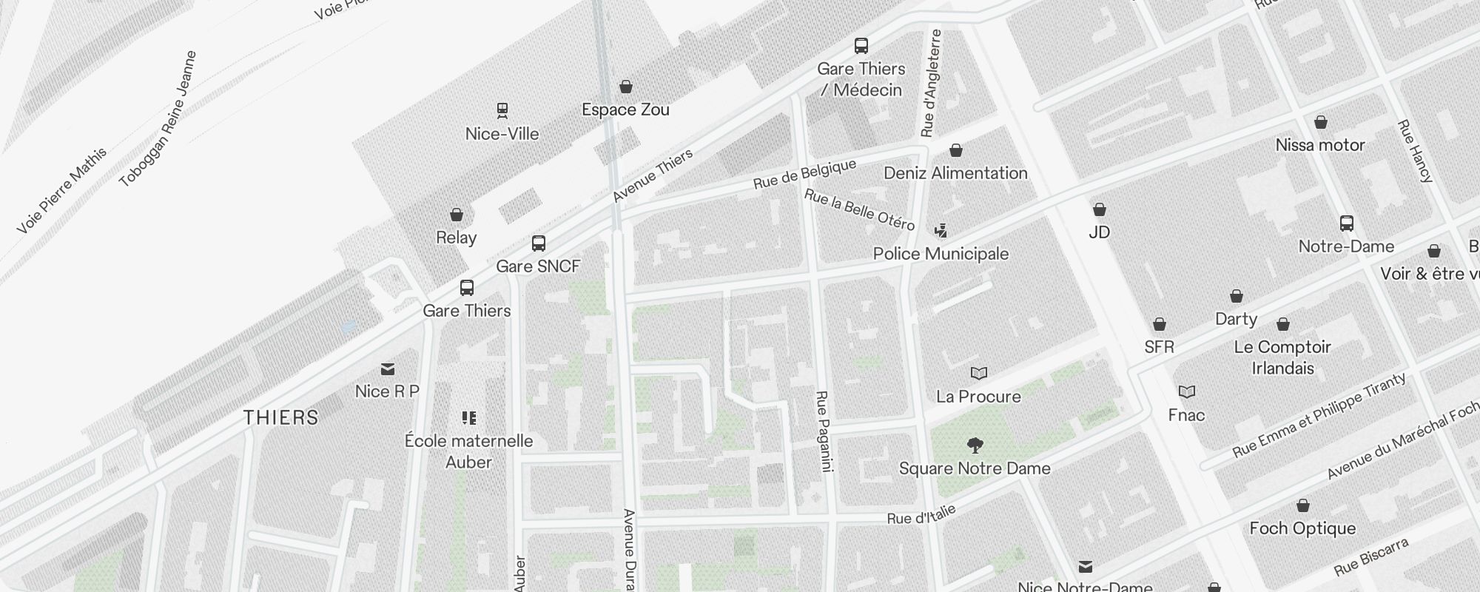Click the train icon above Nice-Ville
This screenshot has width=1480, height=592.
pos(502,111)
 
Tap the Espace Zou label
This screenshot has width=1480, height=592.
pos(625,110)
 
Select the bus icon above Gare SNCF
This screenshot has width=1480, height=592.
pos(539,243)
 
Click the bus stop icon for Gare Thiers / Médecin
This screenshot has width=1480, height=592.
pos(861,46)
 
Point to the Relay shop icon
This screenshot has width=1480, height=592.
pos(457,215)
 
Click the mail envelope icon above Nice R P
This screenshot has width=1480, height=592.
pos(388,369)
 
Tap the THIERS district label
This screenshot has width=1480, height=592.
pos(281,417)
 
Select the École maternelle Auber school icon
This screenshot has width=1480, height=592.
pos(469,418)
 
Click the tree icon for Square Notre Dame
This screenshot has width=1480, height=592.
pos(975,445)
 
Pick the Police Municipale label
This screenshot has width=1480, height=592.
pos(941,254)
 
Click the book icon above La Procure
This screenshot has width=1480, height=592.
pos(979,373)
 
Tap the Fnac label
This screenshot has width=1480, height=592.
pos(1186,415)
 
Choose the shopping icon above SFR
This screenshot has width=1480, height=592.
pos(1160,324)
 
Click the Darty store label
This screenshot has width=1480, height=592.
pos(1236,319)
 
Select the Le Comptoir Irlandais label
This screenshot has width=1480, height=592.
pos(1282,357)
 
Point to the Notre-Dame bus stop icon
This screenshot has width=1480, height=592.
pos(1347,223)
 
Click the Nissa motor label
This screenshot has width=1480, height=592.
pos(1320,145)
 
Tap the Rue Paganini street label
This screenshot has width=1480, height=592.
pos(824,431)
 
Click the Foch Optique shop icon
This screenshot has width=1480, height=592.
pos(1302,505)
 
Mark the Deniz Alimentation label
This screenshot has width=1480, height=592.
pos(955,173)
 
